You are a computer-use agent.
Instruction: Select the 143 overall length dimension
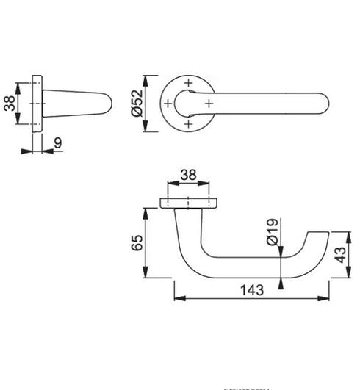(251, 289)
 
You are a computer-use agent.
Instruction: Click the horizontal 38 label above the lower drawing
(188, 176)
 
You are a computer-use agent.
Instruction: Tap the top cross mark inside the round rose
(189, 83)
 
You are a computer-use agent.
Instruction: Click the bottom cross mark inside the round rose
(189, 125)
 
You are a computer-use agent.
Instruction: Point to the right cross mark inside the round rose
(209, 104)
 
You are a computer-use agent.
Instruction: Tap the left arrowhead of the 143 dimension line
(176, 298)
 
